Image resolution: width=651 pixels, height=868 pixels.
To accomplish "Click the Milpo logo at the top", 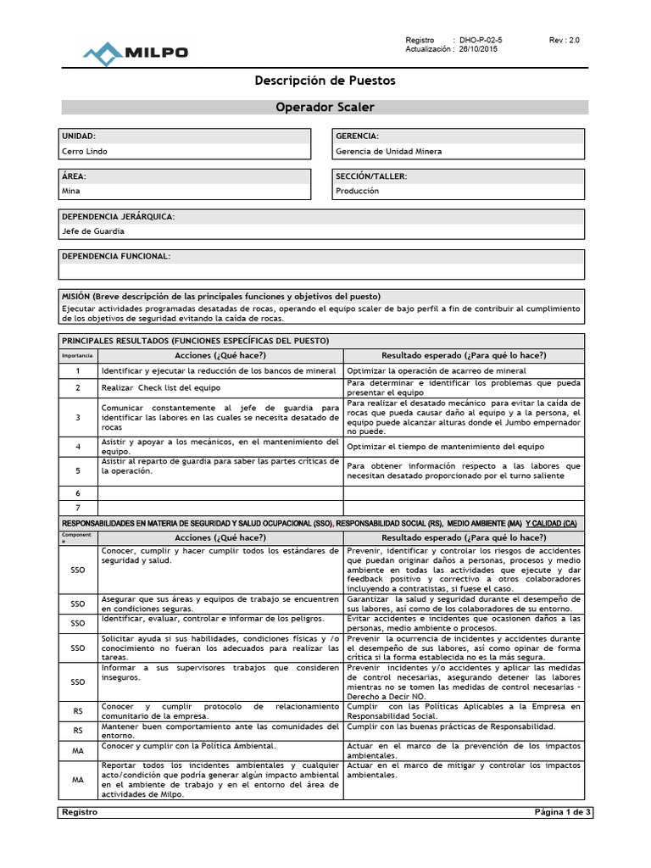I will [x=135, y=53].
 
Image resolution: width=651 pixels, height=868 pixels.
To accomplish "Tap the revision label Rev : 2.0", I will [x=565, y=40].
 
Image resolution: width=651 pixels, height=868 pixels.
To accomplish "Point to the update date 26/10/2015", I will [x=479, y=50].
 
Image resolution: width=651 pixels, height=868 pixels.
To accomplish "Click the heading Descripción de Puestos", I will [x=325, y=81].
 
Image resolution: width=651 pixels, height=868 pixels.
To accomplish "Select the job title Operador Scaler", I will [x=325, y=107].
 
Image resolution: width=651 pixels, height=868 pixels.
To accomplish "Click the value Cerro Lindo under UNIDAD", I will [x=85, y=152].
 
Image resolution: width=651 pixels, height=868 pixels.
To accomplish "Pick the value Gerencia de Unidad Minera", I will [x=388, y=152].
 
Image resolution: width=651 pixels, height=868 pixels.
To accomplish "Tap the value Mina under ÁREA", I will [x=70, y=191].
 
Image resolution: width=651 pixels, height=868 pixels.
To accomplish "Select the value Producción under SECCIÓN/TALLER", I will [x=358, y=191].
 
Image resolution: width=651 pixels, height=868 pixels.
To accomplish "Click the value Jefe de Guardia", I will [x=93, y=231].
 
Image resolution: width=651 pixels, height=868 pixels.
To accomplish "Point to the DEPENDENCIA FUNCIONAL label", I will [x=116, y=256].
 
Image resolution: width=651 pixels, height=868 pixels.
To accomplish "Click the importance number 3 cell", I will [x=78, y=417].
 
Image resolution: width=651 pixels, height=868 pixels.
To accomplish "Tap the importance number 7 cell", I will [x=78, y=508].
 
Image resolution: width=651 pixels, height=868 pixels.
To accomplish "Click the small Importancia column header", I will [x=78, y=356].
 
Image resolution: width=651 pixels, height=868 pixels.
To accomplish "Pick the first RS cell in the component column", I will [x=78, y=710].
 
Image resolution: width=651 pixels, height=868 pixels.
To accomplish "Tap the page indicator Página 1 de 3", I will [x=563, y=812].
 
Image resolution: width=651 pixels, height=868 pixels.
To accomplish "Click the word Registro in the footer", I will [x=80, y=812].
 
